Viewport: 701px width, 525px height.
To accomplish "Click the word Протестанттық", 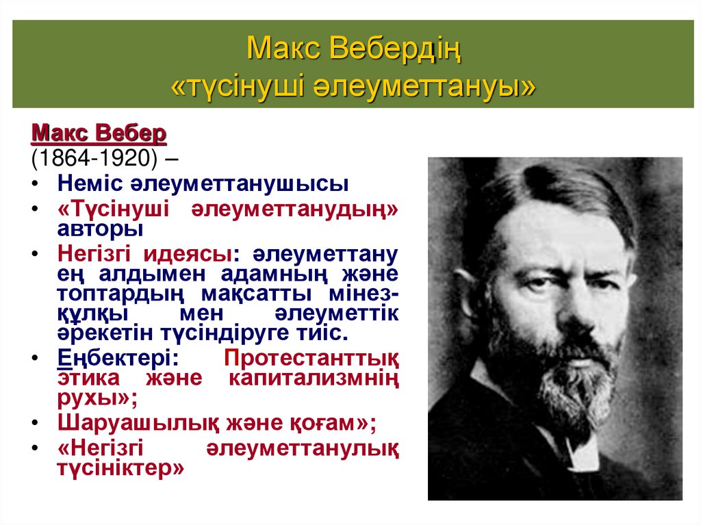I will point(311,358).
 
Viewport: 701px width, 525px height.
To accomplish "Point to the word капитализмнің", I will point(314,377).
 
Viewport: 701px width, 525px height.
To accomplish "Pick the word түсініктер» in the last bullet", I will point(121,470).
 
